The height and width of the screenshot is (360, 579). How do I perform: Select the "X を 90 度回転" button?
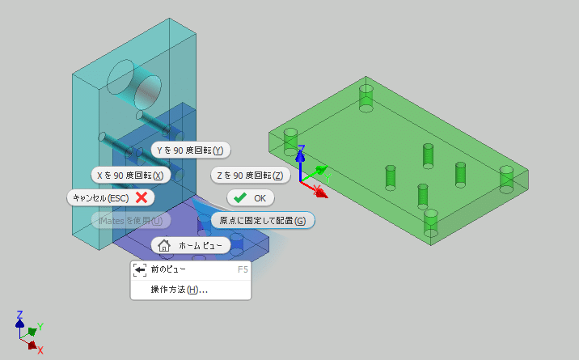coord(130,175)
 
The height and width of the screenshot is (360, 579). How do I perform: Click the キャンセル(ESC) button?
coord(109,197)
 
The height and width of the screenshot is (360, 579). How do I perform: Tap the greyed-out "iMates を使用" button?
coord(130,220)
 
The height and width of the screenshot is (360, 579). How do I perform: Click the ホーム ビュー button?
coord(191,244)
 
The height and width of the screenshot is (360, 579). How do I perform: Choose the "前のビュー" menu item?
coord(167,269)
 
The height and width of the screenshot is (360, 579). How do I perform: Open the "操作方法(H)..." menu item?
coord(179,290)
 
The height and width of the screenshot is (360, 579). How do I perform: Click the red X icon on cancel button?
coord(141,197)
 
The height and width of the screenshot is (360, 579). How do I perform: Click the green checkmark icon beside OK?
coord(240,197)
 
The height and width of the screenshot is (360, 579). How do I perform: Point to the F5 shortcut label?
coord(243,269)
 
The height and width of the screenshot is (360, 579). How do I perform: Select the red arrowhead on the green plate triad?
coord(321,193)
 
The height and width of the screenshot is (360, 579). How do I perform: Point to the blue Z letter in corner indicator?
coord(19,314)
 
